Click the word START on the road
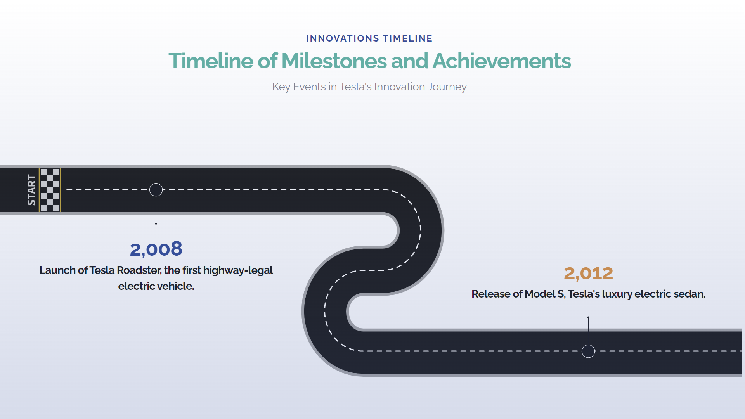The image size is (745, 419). pyautogui.click(x=31, y=190)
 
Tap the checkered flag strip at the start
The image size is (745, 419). pyautogui.click(x=50, y=190)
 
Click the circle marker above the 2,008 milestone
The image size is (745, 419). pyautogui.click(x=156, y=190)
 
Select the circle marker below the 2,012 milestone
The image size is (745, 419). pyautogui.click(x=588, y=351)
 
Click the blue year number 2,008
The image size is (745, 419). pyautogui.click(x=156, y=249)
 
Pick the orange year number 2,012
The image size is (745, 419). pyautogui.click(x=588, y=274)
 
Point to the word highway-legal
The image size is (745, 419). pyautogui.click(x=238, y=270)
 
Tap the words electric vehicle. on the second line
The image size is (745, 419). pyautogui.click(x=156, y=286)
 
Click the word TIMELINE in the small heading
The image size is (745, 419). pyautogui.click(x=407, y=38)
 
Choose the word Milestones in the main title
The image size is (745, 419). pyautogui.click(x=334, y=61)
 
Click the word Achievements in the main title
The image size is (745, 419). pyautogui.click(x=502, y=61)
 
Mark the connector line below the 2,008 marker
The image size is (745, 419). pyautogui.click(x=156, y=218)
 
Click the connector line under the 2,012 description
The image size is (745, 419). pyautogui.click(x=588, y=324)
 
